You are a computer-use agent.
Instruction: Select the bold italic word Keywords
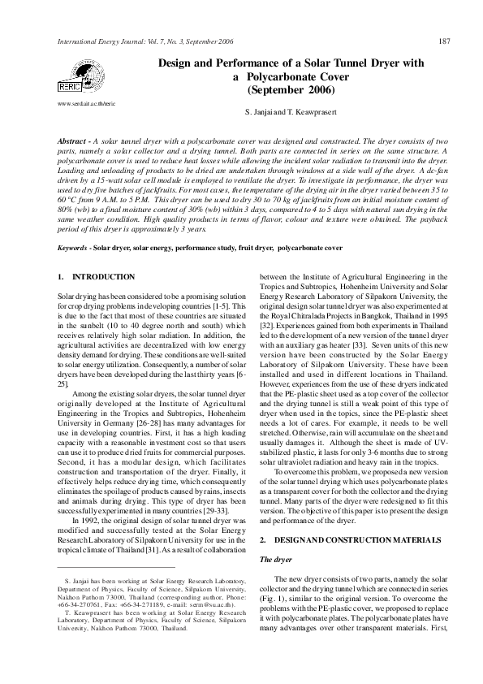[x=73, y=245]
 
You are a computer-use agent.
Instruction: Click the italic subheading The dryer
[x=276, y=537]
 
